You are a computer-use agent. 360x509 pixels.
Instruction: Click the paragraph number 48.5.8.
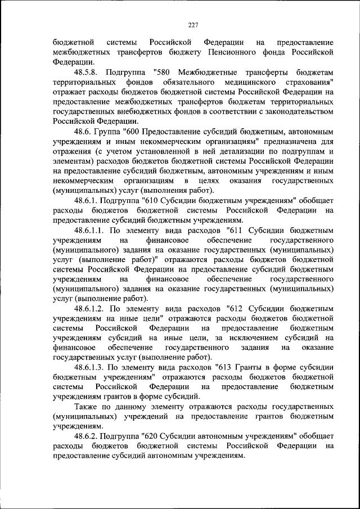click(x=88, y=72)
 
